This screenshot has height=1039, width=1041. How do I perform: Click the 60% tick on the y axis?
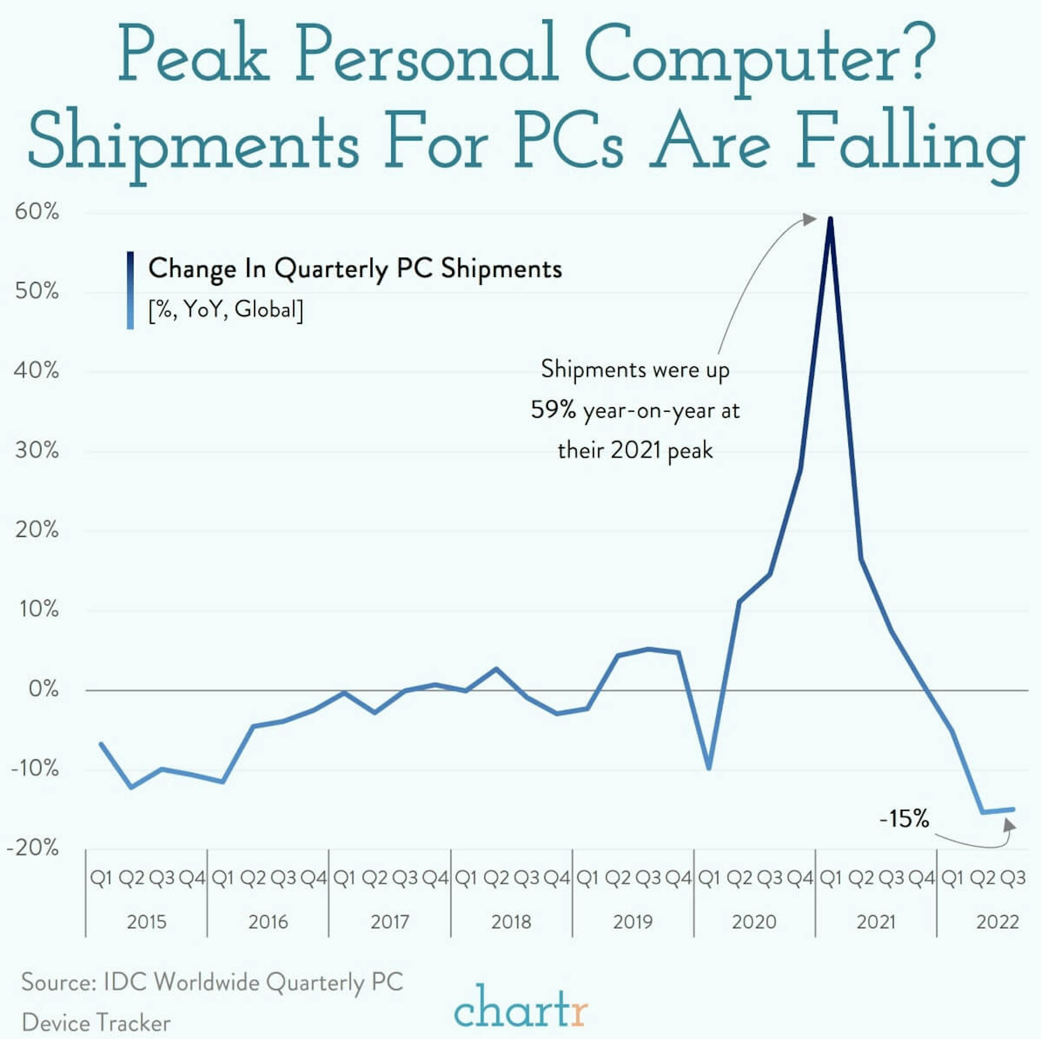[37, 212]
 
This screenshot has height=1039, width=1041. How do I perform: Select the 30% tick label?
[37, 450]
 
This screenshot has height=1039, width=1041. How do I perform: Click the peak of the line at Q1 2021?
[830, 219]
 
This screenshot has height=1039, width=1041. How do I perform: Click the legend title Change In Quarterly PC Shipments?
[355, 269]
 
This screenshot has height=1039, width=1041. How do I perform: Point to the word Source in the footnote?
[58, 982]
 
